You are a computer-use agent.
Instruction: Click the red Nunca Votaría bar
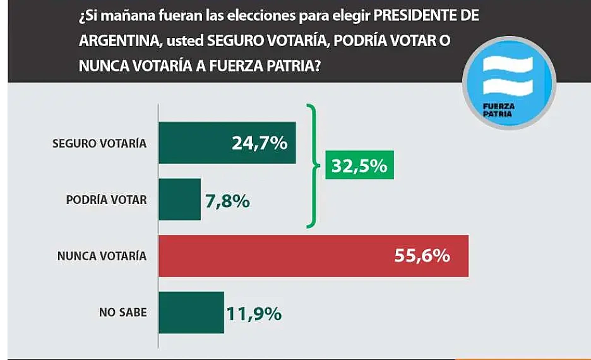coord(313,256)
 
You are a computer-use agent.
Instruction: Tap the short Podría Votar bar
coord(179,200)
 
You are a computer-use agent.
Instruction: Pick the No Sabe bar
coord(191,312)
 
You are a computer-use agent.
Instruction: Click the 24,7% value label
coord(260,143)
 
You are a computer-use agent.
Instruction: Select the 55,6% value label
coord(422,256)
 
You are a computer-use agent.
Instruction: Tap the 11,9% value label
coord(254,313)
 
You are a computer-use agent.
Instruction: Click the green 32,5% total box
coord(359,165)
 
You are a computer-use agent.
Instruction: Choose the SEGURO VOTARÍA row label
coord(99,143)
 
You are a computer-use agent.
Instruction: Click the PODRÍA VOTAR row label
coord(106,200)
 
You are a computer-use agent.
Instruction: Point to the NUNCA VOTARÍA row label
coord(102,256)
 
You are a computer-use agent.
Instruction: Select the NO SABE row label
coord(122,313)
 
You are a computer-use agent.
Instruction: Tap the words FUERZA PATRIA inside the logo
coord(499,110)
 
